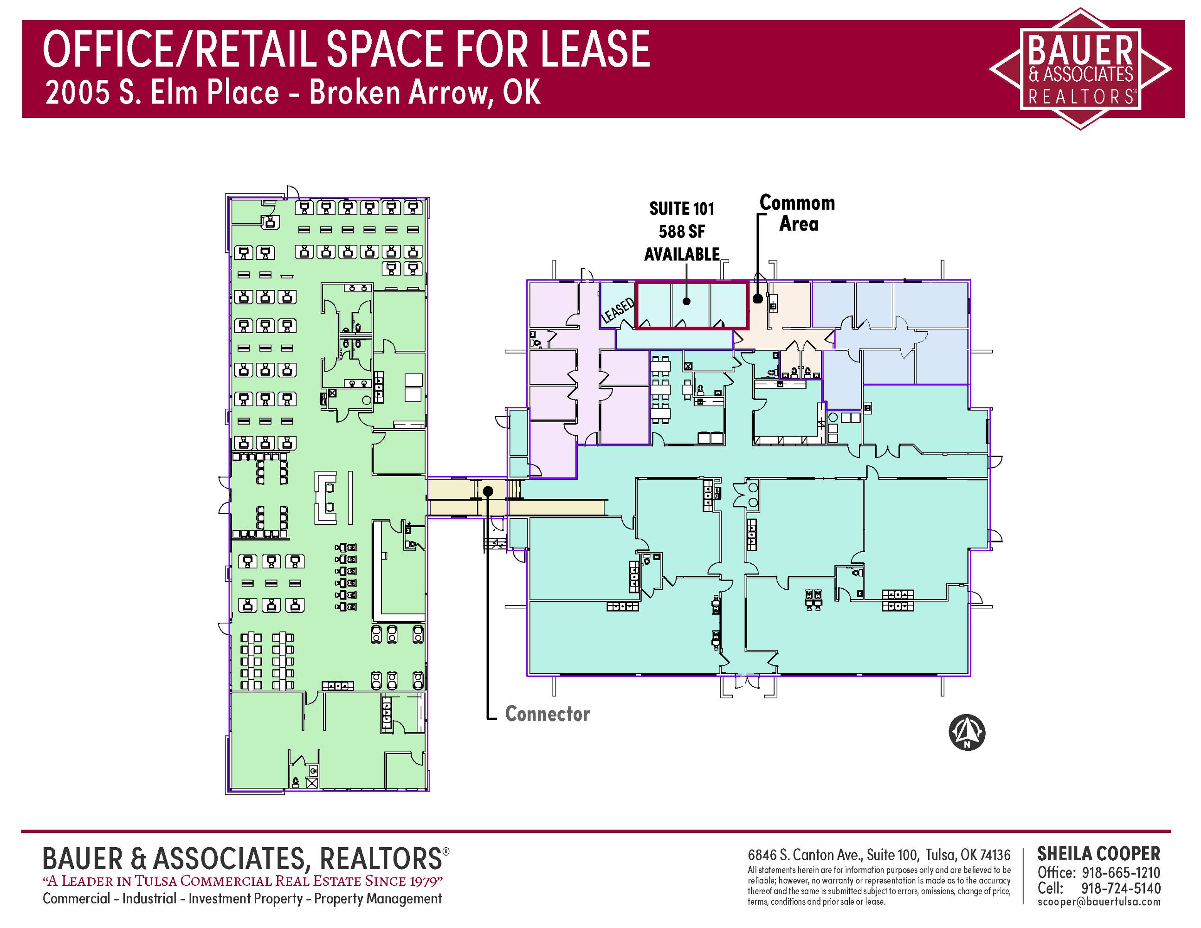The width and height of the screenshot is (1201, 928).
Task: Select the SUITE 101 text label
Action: pyautogui.click(x=682, y=209)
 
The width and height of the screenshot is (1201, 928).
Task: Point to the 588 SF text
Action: pyautogui.click(x=682, y=232)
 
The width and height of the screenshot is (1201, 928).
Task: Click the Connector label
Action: pyautogui.click(x=547, y=714)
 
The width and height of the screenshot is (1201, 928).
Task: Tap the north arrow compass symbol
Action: pyautogui.click(x=967, y=733)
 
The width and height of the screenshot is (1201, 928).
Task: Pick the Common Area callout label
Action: pyautogui.click(x=798, y=213)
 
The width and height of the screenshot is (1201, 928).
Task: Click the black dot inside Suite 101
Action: pyautogui.click(x=686, y=301)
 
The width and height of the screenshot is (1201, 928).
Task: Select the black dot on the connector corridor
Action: pyautogui.click(x=488, y=491)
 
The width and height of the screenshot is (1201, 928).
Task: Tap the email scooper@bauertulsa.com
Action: pyautogui.click(x=1099, y=902)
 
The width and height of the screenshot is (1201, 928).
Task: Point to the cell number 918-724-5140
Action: pyautogui.click(x=1121, y=888)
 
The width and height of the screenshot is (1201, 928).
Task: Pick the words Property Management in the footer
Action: pyautogui.click(x=378, y=898)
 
